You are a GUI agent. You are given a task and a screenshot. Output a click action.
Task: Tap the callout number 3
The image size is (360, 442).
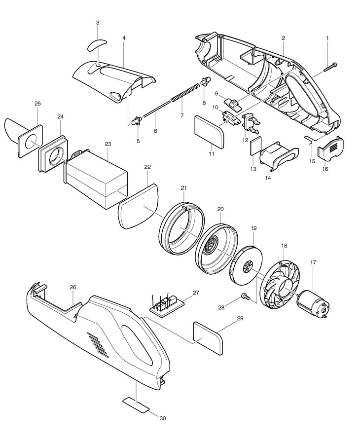click(x=98, y=23)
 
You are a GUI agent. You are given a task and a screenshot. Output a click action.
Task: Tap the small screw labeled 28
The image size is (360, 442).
click(x=244, y=295)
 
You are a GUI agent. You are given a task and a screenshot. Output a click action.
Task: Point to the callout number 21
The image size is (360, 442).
click(x=184, y=188)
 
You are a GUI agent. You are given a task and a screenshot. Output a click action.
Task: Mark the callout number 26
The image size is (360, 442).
click(x=72, y=287)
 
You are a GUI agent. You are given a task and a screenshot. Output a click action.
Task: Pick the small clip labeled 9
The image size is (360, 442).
click(x=232, y=103)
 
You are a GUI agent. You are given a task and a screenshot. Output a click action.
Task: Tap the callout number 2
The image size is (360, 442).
click(x=284, y=38)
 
